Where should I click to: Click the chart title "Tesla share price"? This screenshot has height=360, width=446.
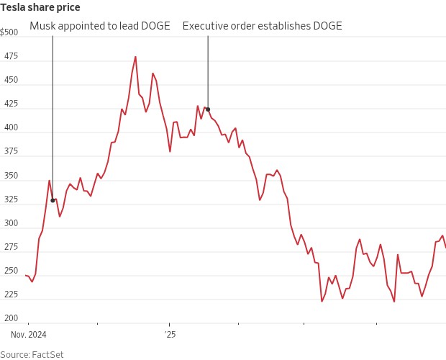click(40, 7)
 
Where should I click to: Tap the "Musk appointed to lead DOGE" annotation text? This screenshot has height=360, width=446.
click(100, 26)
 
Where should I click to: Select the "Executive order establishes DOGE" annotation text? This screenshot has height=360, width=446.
click(262, 26)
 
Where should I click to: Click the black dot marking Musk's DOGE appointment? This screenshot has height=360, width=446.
click(53, 200)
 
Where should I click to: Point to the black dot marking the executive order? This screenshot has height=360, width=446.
click(208, 109)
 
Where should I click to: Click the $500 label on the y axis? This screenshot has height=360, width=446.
click(10, 32)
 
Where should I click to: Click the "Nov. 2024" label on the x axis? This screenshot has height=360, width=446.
click(29, 335)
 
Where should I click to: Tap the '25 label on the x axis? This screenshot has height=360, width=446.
click(170, 335)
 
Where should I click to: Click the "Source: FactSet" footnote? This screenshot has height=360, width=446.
click(25, 354)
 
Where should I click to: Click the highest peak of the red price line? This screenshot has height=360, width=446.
click(136, 56)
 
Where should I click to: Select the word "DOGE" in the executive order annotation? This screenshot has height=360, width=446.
click(325, 26)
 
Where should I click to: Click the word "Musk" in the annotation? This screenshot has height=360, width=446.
click(42, 26)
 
